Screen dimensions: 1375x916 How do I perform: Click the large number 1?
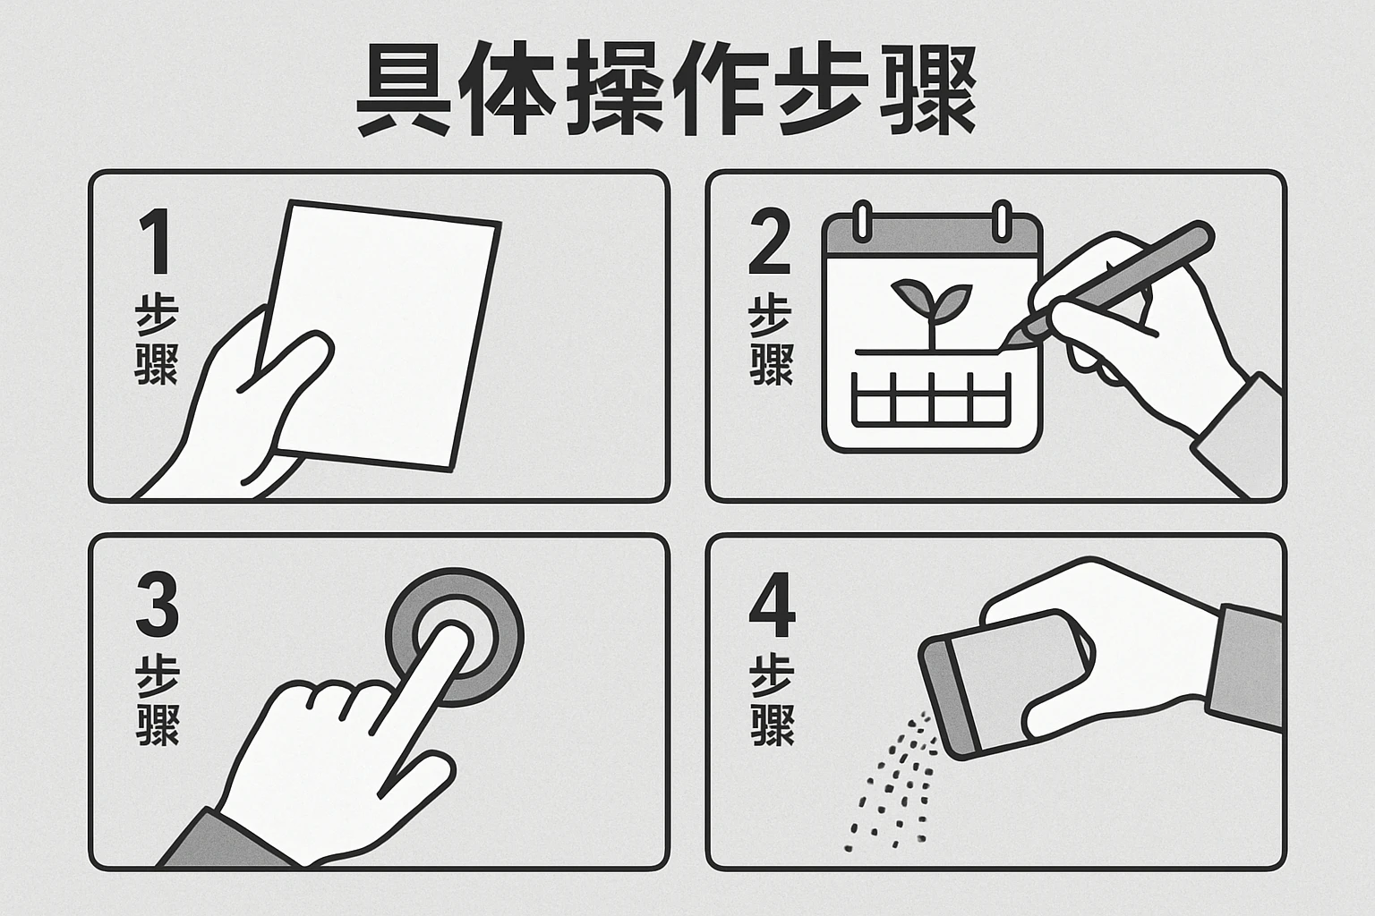click(156, 242)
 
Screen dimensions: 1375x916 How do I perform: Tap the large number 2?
click(769, 242)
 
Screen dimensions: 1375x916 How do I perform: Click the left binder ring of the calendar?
click(862, 220)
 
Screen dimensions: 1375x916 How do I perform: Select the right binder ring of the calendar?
click(1002, 220)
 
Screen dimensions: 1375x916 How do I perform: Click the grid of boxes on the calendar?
click(931, 399)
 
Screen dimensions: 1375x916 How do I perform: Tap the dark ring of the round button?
click(454, 636)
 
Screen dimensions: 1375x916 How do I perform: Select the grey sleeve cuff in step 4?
click(1244, 668)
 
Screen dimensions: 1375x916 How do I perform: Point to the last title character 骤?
click(927, 89)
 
